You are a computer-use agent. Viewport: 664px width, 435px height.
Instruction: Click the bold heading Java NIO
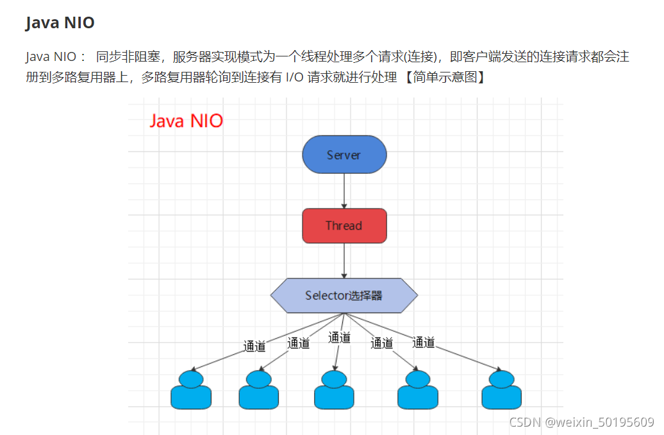point(60,23)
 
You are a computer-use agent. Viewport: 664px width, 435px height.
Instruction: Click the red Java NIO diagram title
point(186,121)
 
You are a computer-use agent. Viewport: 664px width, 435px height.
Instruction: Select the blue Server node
point(344,155)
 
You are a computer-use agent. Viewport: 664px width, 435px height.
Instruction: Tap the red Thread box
point(344,226)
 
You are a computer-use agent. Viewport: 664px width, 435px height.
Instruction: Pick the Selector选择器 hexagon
point(344,296)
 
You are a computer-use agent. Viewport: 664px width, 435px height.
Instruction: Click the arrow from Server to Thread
point(344,191)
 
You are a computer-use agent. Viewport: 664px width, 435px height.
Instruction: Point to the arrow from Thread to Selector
point(344,260)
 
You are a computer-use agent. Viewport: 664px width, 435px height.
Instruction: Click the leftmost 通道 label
point(254,346)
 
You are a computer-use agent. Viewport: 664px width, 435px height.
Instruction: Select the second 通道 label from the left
point(298,343)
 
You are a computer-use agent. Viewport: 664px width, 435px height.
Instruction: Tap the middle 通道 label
point(339,337)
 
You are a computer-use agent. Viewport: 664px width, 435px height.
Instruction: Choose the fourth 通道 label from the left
point(381,343)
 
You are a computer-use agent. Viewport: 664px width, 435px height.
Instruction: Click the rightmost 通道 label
point(423,343)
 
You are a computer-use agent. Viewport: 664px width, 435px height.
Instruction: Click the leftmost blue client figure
point(191,390)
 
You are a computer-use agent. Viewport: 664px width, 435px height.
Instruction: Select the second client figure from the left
point(259,390)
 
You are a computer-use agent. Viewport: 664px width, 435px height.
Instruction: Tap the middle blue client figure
point(334,390)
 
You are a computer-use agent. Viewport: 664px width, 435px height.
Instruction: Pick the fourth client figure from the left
point(417,390)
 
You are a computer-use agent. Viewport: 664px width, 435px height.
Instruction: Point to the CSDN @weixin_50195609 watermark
point(581,422)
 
